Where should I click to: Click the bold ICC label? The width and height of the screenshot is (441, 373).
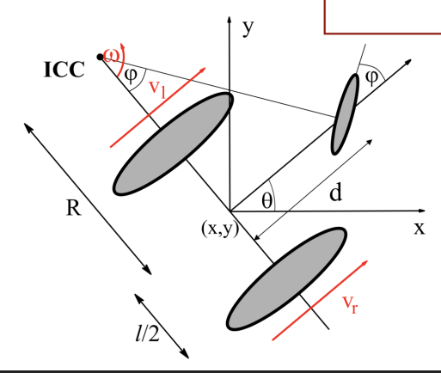point(64,70)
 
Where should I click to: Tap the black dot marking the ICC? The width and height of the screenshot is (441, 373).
point(100,57)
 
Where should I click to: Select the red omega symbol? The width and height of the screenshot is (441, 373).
point(111,55)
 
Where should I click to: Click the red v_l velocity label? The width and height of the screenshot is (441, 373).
point(157,89)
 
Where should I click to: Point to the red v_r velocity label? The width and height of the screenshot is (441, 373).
point(350,304)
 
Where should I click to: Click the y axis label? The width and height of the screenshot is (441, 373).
point(248,28)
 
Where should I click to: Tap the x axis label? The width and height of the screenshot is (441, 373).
point(420,229)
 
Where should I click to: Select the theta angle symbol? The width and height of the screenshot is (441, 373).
point(266,200)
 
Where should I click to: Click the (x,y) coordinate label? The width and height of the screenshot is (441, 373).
point(220,229)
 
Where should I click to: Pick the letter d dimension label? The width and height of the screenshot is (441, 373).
point(336,193)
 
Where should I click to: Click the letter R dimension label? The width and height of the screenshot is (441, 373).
point(74,208)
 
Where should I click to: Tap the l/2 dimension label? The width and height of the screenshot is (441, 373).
point(147,333)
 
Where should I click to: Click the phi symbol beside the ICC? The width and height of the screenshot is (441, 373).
point(131,76)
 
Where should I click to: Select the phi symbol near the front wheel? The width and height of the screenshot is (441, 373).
point(372,77)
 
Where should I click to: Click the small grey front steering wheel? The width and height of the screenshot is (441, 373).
point(345,114)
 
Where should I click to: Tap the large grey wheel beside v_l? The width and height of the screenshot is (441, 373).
point(174,144)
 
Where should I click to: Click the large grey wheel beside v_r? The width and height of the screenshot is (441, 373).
point(286,279)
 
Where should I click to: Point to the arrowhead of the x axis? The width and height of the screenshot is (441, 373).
point(422,211)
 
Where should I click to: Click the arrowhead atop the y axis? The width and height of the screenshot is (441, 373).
point(230,20)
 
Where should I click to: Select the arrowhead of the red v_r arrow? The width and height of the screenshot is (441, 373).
point(365,263)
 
